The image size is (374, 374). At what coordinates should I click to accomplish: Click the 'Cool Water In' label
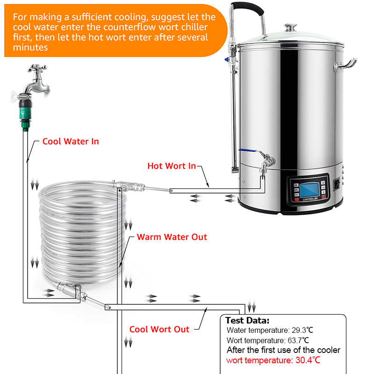click(x=71, y=142)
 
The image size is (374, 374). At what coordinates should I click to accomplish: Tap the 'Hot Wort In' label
click(x=172, y=166)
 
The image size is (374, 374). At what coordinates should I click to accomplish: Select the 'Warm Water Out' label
click(x=172, y=237)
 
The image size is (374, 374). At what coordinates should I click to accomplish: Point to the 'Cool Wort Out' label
click(x=159, y=330)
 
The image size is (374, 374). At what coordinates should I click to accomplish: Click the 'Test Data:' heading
click(x=247, y=320)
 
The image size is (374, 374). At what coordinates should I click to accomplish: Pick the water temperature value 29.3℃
click(x=302, y=331)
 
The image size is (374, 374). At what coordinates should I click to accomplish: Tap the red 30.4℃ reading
click(x=308, y=360)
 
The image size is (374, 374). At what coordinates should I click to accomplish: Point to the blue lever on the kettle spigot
click(x=247, y=151)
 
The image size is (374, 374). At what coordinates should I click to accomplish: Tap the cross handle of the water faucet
click(x=37, y=68)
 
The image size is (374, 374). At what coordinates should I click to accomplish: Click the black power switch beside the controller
click(x=337, y=184)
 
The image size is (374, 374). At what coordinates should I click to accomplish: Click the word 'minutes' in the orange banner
click(x=30, y=48)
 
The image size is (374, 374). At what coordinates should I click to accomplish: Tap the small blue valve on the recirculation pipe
click(x=227, y=59)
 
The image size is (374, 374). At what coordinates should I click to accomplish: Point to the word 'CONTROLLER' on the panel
click(x=310, y=199)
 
